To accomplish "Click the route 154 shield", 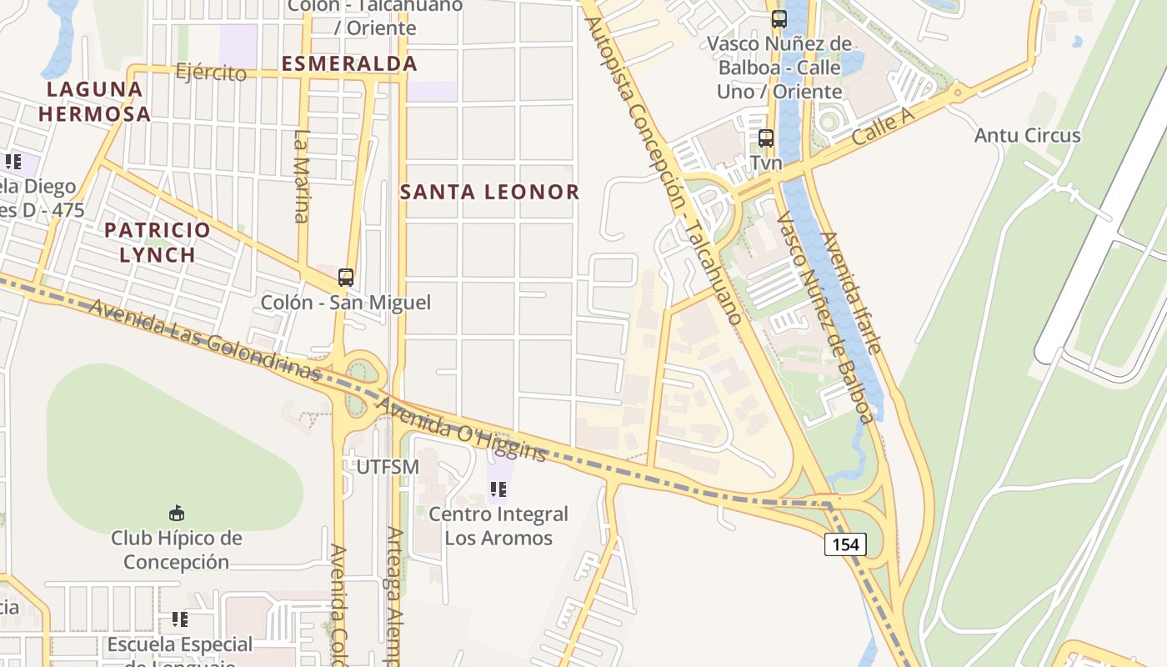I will (x=846, y=545).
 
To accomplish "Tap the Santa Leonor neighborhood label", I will (x=489, y=192).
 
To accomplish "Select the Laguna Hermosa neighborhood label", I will (x=94, y=101).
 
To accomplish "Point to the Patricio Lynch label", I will (x=157, y=242).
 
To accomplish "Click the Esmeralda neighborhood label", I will (x=349, y=63).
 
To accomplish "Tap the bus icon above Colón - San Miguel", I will (x=346, y=278).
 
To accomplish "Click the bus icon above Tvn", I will (x=766, y=139).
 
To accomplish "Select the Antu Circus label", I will (x=1027, y=135).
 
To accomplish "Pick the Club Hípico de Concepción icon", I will (x=177, y=513).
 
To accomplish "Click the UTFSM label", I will (x=388, y=467).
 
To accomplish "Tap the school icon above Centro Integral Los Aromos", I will (x=498, y=489).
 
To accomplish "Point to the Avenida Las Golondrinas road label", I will (x=204, y=342).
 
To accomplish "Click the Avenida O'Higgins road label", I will (x=462, y=429).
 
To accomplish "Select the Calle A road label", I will (x=883, y=128).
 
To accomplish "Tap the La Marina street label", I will (x=302, y=175).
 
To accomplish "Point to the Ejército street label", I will (x=211, y=73).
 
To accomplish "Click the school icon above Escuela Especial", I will (x=180, y=619).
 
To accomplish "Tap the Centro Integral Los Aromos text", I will (x=498, y=526).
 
